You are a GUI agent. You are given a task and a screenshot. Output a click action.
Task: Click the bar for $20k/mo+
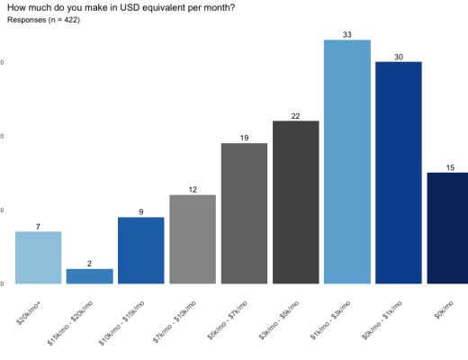38,257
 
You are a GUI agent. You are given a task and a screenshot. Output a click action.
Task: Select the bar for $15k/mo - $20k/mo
89,276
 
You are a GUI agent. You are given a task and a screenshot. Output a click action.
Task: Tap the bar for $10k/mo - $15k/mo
140,250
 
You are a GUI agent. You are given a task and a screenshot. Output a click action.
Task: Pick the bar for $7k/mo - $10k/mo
192,239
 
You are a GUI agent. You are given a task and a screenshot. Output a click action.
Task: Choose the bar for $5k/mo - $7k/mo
244,213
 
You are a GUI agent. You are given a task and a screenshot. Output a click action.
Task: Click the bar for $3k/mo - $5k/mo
295,202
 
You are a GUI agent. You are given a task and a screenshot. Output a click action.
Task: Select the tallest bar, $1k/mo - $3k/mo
346,162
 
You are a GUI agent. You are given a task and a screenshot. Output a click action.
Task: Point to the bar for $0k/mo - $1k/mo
398,173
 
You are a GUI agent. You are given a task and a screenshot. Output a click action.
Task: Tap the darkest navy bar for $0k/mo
447,228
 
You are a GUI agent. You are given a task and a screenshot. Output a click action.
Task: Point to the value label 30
398,57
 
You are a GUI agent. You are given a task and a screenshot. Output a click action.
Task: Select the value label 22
295,116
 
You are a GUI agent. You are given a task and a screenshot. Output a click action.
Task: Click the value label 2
89,264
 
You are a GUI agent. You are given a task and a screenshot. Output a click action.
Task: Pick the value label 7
38,227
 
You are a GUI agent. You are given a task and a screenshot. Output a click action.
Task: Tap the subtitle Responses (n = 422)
43,20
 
